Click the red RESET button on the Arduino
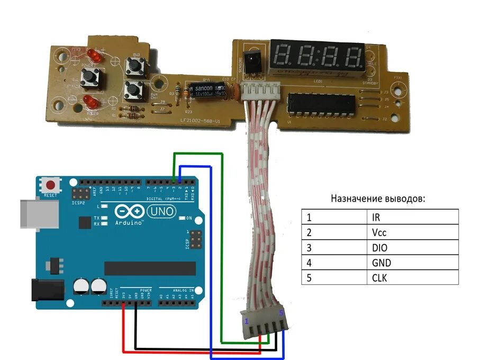pyautogui.click(x=51, y=186)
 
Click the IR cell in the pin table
pyautogui.click(x=376, y=217)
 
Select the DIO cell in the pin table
pyautogui.click(x=380, y=247)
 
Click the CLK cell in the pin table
pyautogui.click(x=379, y=277)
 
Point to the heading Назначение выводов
pyautogui.click(x=378, y=199)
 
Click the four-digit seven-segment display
pyautogui.click(x=318, y=56)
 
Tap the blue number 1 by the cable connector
pyautogui.click(x=246, y=321)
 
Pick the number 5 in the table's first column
pyautogui.click(x=309, y=277)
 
